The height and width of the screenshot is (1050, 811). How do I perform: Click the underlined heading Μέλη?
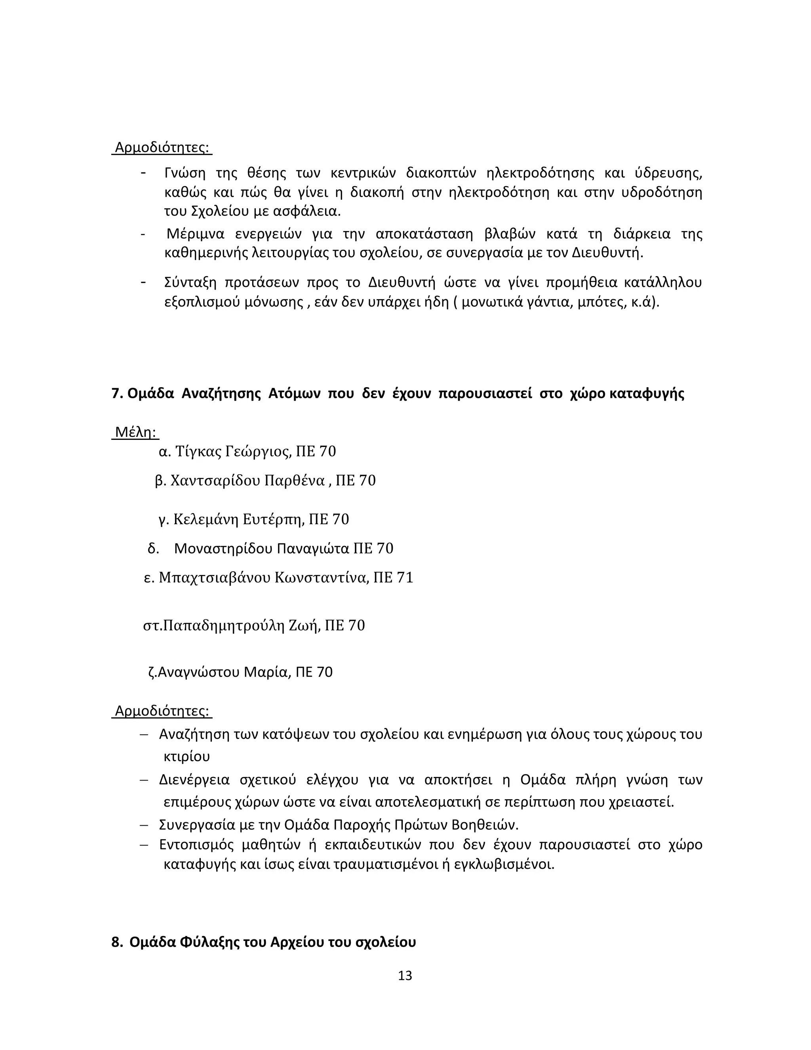click(136, 432)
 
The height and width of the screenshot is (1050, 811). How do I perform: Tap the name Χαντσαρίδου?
click(215, 480)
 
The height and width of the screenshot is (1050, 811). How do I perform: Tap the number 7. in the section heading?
click(117, 393)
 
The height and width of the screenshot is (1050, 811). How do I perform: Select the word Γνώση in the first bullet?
click(185, 173)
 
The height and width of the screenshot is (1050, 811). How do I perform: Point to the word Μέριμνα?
click(195, 234)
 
